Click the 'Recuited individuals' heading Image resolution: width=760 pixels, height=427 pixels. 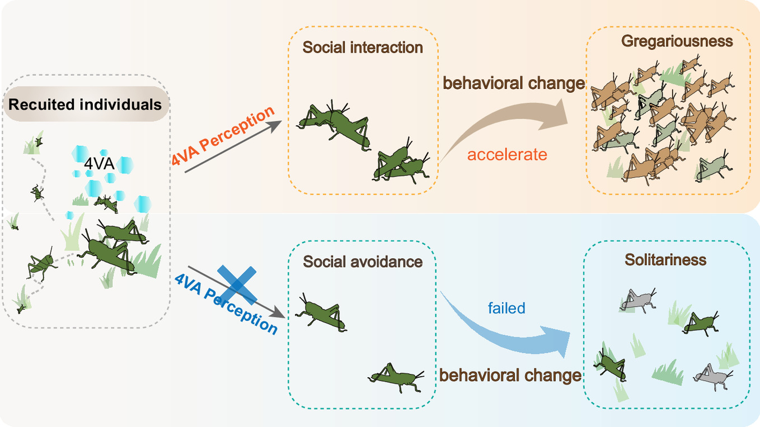tap(85, 105)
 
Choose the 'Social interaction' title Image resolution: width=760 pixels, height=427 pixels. tap(363, 47)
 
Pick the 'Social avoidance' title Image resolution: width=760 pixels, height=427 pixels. tap(363, 261)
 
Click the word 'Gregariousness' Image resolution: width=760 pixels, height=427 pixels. tap(677, 41)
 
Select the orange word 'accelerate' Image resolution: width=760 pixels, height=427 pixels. tap(507, 154)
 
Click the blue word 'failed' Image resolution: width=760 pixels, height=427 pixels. tap(506, 308)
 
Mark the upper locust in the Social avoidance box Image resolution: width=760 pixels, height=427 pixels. tap(321, 315)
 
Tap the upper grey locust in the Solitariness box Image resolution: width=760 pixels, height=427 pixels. tap(637, 300)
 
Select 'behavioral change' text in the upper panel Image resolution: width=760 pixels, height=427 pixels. tap(514, 83)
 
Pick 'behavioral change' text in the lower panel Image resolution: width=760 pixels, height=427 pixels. tap(510, 375)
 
